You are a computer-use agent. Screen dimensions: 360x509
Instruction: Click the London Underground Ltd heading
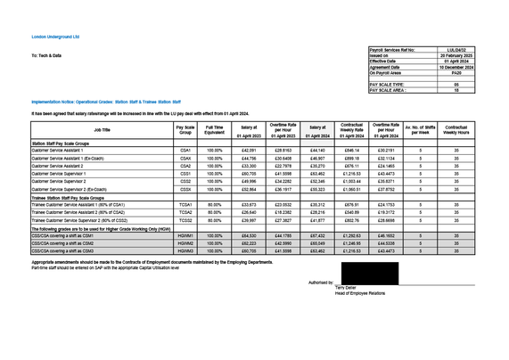(55, 37)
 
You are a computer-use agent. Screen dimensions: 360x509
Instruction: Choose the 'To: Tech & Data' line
(46, 56)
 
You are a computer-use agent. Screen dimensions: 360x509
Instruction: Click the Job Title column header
(102, 130)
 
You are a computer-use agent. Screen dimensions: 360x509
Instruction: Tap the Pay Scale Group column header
(185, 130)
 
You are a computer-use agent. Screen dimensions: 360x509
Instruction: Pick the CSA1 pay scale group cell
(185, 150)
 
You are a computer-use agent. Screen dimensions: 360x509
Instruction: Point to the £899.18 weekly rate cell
(352, 158)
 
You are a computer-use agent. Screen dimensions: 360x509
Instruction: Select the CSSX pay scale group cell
(185, 189)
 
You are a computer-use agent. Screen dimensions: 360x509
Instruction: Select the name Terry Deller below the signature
(346, 289)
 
